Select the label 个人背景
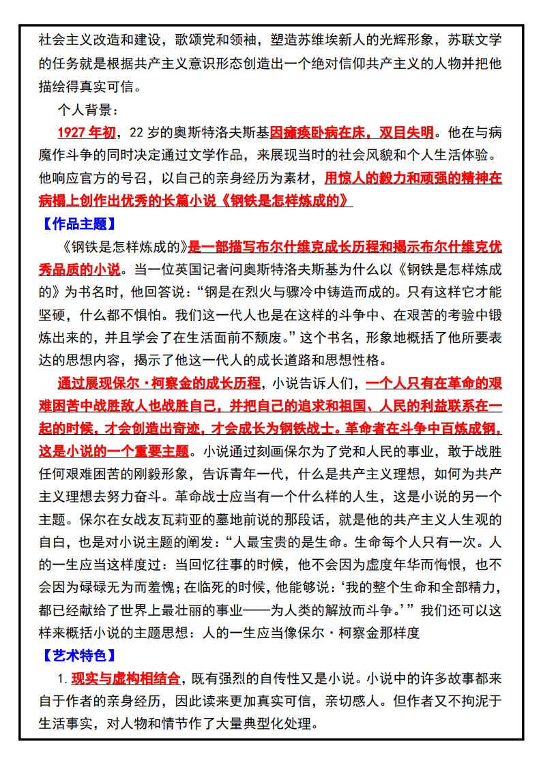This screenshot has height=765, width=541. [88, 109]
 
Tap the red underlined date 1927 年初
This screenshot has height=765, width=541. [86, 132]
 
